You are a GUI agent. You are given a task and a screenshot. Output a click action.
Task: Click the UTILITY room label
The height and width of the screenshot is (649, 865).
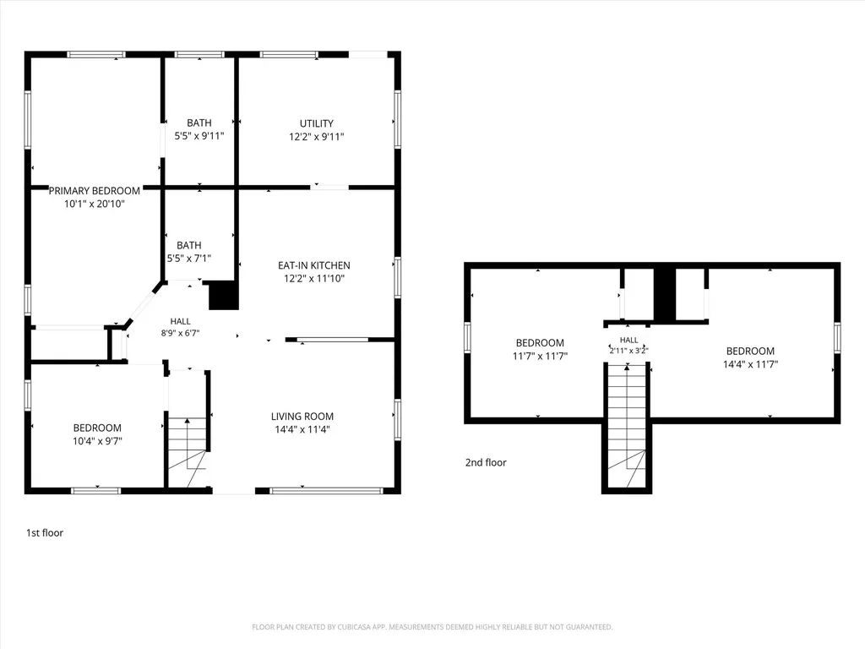pyautogui.click(x=316, y=123)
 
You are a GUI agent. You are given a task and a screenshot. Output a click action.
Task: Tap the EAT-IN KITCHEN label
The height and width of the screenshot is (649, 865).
pyautogui.click(x=314, y=265)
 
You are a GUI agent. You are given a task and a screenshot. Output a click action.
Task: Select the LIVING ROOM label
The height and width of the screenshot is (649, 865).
pyautogui.click(x=302, y=417)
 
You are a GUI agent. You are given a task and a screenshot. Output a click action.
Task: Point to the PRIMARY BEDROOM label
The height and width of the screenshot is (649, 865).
pyautogui.click(x=95, y=191)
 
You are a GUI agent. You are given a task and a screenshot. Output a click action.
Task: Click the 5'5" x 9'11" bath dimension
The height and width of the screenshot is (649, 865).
pyautogui.click(x=199, y=136)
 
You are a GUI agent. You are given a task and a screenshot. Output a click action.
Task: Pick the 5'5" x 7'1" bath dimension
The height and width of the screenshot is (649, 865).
pyautogui.click(x=188, y=258)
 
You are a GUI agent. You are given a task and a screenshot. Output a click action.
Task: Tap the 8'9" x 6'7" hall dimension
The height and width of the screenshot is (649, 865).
pyautogui.click(x=181, y=333)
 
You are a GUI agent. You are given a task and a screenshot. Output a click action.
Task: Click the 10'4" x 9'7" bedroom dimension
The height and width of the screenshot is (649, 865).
pyautogui.click(x=97, y=441)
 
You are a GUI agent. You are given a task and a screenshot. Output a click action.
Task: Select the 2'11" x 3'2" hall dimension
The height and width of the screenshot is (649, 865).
pyautogui.click(x=628, y=351)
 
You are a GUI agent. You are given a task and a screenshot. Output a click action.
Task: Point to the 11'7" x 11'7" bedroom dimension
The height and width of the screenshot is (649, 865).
pyautogui.click(x=540, y=356)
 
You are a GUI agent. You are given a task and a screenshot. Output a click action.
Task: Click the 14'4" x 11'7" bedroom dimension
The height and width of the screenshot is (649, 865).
pyautogui.click(x=750, y=364)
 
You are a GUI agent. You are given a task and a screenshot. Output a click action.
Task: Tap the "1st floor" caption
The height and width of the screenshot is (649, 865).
pyautogui.click(x=45, y=533)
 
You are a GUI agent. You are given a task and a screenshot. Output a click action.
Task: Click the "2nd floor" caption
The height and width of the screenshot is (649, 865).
pyautogui.click(x=486, y=462)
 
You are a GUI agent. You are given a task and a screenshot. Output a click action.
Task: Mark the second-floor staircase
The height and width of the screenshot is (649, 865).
pyautogui.click(x=627, y=425)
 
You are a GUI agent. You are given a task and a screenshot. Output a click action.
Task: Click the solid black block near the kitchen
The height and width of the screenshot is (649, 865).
pyautogui.click(x=223, y=295)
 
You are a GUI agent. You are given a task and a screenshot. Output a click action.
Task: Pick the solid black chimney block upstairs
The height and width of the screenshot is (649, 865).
pyautogui.click(x=665, y=294)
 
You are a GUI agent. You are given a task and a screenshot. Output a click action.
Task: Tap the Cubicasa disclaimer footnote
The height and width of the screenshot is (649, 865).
pyautogui.click(x=432, y=627)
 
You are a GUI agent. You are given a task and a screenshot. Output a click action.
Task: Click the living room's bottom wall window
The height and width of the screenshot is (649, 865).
pyautogui.click(x=327, y=490)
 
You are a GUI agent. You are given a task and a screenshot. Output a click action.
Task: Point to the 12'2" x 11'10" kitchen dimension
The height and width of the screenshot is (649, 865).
pyautogui.click(x=314, y=279)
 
